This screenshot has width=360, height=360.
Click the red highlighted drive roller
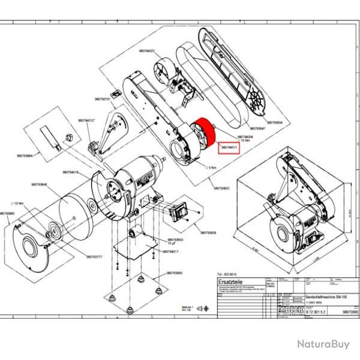[203, 136]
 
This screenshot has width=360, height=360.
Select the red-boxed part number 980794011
[229, 147]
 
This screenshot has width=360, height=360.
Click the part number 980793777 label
[95, 256]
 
